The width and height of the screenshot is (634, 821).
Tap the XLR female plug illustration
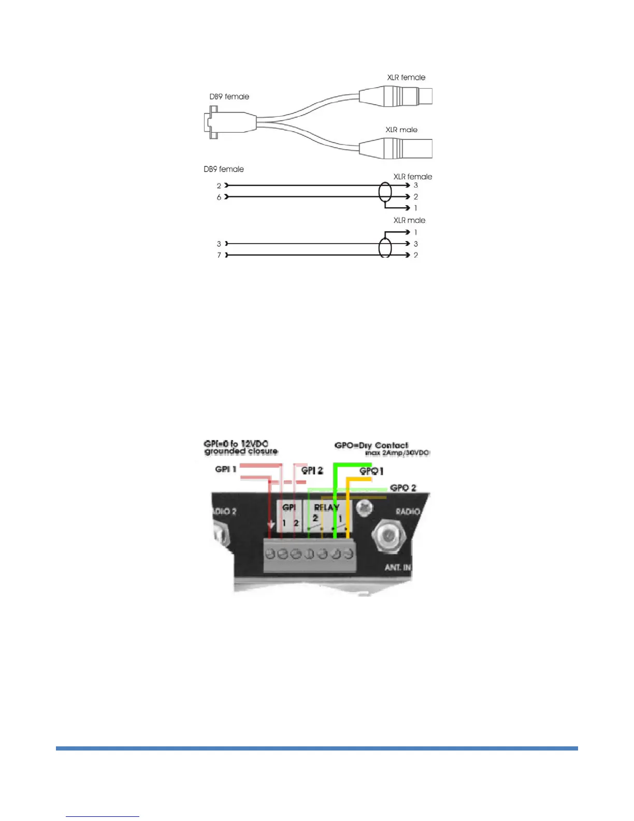pos(396,96)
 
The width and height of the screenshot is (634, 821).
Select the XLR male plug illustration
pos(396,148)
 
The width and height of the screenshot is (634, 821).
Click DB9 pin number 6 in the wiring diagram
pos(219,197)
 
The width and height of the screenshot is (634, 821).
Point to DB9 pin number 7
pos(219,255)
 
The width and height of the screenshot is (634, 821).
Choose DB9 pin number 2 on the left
pos(219,186)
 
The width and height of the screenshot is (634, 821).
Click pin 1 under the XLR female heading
pos(415,208)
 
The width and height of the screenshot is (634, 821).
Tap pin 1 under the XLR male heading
pos(415,232)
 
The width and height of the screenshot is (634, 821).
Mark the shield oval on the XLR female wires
pos(385,192)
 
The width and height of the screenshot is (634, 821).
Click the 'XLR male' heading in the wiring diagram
pos(409,220)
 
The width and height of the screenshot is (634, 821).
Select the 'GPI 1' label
pos(226,469)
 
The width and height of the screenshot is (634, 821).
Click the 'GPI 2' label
pos(312,471)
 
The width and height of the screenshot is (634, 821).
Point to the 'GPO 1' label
pos(371,472)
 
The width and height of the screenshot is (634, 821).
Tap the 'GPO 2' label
pos(403,488)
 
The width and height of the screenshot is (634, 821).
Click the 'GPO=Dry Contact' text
pos(371,445)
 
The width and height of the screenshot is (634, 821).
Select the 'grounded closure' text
pos(241,451)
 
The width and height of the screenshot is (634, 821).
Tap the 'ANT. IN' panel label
pos(398,568)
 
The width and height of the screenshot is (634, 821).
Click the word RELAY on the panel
pos(326,507)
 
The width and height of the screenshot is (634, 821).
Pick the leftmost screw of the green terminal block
pos(270,554)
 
